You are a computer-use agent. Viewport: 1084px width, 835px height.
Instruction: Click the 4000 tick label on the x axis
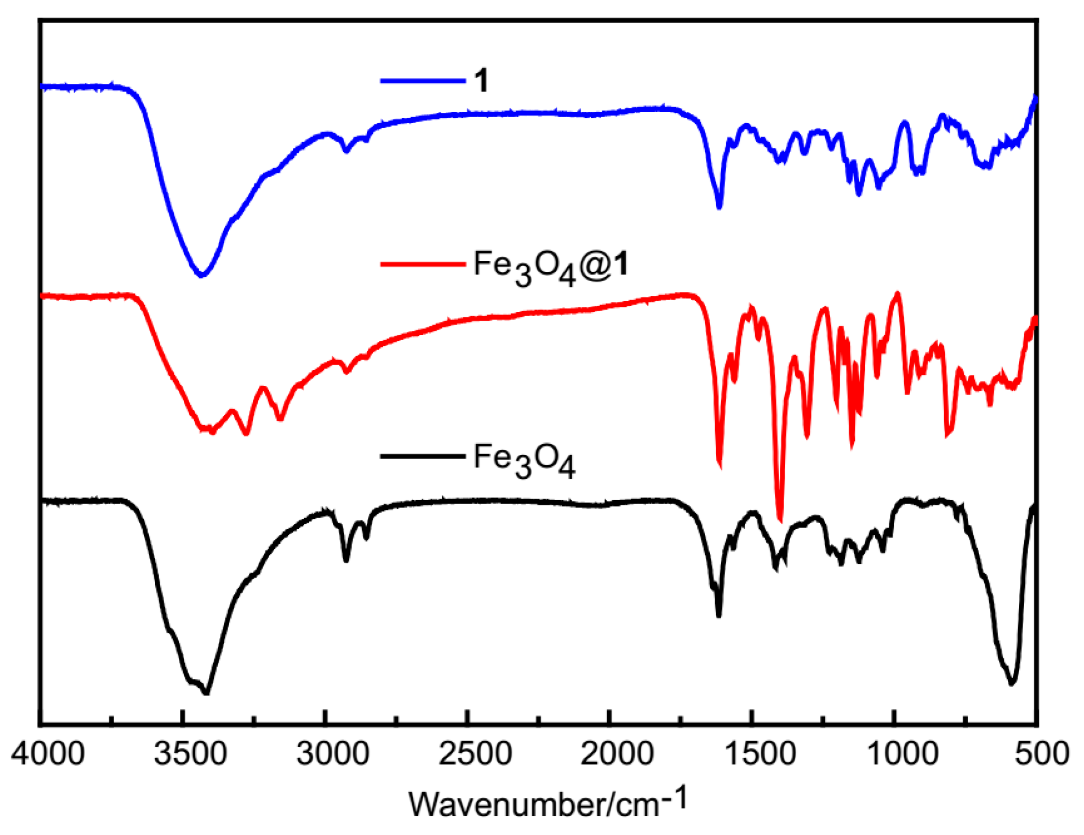point(47,754)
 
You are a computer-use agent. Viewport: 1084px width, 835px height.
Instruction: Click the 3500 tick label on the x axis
point(190,754)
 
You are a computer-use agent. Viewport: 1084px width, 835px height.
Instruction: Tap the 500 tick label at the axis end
point(1042,754)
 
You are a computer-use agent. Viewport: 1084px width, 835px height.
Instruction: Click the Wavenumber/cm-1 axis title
point(547,803)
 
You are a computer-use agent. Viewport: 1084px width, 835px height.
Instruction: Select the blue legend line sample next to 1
point(423,81)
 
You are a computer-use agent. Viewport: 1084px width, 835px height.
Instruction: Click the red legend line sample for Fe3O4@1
point(423,264)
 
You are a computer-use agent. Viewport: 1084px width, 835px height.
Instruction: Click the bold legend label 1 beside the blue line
point(481,81)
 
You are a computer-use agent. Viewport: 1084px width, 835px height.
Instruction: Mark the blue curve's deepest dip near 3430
point(201,276)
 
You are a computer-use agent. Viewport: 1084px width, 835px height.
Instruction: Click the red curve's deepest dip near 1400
point(780,519)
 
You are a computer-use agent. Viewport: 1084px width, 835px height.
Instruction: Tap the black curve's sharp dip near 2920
point(346,560)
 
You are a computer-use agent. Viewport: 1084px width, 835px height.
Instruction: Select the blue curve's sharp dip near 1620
point(719,207)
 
